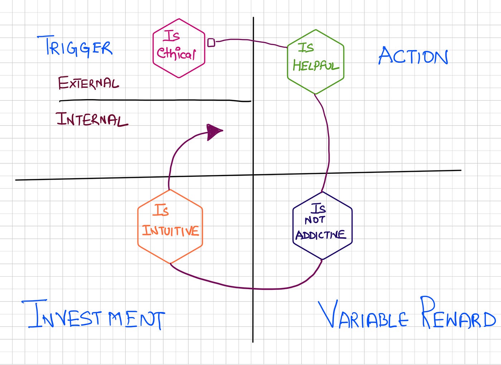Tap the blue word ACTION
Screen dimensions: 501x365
pos(413,56)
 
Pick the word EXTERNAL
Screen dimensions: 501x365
pos(88,83)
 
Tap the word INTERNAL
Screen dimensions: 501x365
pos(92,119)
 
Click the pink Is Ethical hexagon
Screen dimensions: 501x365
pos(179,48)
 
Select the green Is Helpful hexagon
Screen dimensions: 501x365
pos(315,62)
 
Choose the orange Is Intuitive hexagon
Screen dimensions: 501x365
pos(170,226)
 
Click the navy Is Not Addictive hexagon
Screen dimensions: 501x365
pos(322,225)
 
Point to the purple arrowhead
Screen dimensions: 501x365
pos(214,132)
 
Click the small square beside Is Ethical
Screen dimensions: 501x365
pos(211,43)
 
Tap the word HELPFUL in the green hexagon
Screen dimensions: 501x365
pos(315,65)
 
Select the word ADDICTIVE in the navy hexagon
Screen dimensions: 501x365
pos(321,235)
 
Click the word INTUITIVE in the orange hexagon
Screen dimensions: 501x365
pos(171,231)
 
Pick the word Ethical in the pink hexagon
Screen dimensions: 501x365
pos(176,54)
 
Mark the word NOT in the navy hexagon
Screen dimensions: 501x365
pos(315,220)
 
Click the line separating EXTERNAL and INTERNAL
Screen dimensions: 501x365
pos(155,101)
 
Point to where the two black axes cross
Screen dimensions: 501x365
pos(253,175)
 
